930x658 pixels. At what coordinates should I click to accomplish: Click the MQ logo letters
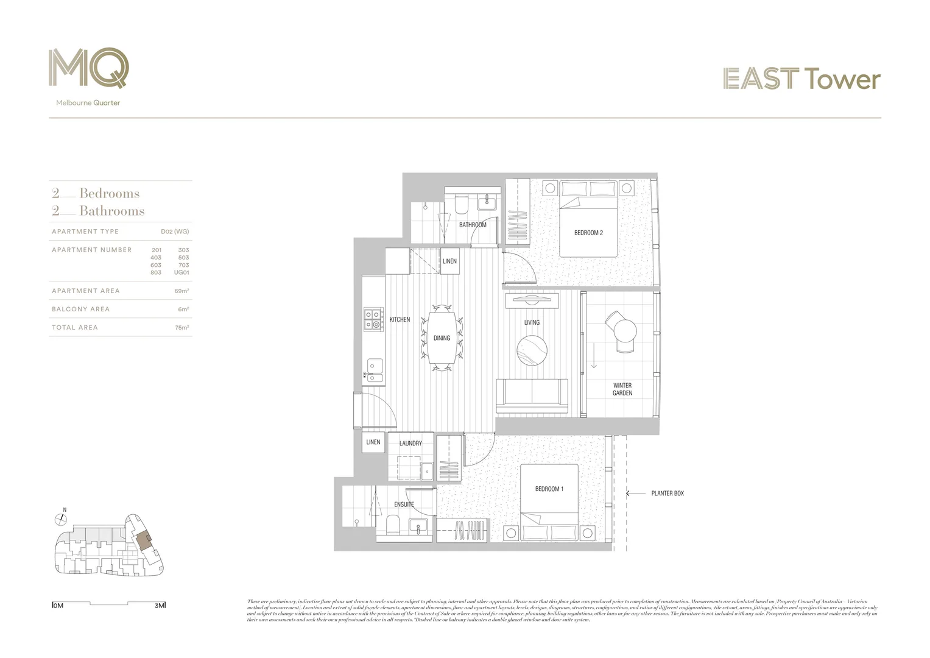89,68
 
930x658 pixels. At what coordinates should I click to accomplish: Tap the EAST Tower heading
801,79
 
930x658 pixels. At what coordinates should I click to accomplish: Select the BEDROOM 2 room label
588,233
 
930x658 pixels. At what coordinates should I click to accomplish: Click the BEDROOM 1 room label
549,489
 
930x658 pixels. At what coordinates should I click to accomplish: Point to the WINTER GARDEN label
622,389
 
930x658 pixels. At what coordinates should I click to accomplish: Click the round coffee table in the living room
532,351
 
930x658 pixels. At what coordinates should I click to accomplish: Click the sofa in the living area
532,395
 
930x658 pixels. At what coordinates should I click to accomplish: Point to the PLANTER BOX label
668,493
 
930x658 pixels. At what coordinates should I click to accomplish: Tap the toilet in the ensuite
393,523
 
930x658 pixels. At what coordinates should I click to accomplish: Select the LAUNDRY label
410,444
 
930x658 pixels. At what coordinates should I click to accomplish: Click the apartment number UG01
181,272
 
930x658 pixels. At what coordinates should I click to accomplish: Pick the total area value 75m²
181,328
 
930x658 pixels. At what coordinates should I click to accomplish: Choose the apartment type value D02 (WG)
175,232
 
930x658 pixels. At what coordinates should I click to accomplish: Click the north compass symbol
60,519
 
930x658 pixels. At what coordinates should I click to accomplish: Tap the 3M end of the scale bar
160,606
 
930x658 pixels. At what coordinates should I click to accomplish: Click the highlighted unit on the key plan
143,540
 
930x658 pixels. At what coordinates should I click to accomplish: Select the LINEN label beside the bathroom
449,261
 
